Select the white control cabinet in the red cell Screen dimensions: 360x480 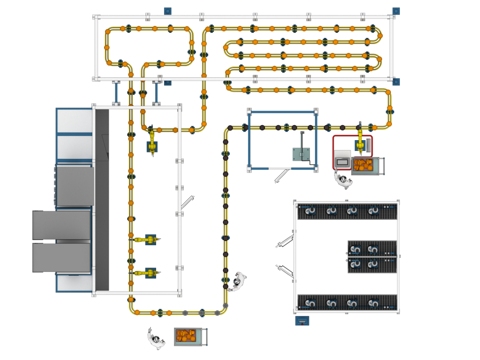pos(342,159)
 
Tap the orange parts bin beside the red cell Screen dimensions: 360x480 pos(364,165)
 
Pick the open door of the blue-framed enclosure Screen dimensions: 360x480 pos(282,176)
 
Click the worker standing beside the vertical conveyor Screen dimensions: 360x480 pos(238,280)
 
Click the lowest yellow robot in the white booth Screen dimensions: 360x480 pos(146,272)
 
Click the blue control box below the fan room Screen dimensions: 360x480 pos(302,321)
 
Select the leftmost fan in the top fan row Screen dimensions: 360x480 pos(310,211)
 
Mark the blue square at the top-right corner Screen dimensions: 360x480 pos(396,10)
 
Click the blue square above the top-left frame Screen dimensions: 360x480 pos(167,10)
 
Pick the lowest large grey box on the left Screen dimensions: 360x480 pos(61,257)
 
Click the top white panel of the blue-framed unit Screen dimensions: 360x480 pos(75,121)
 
